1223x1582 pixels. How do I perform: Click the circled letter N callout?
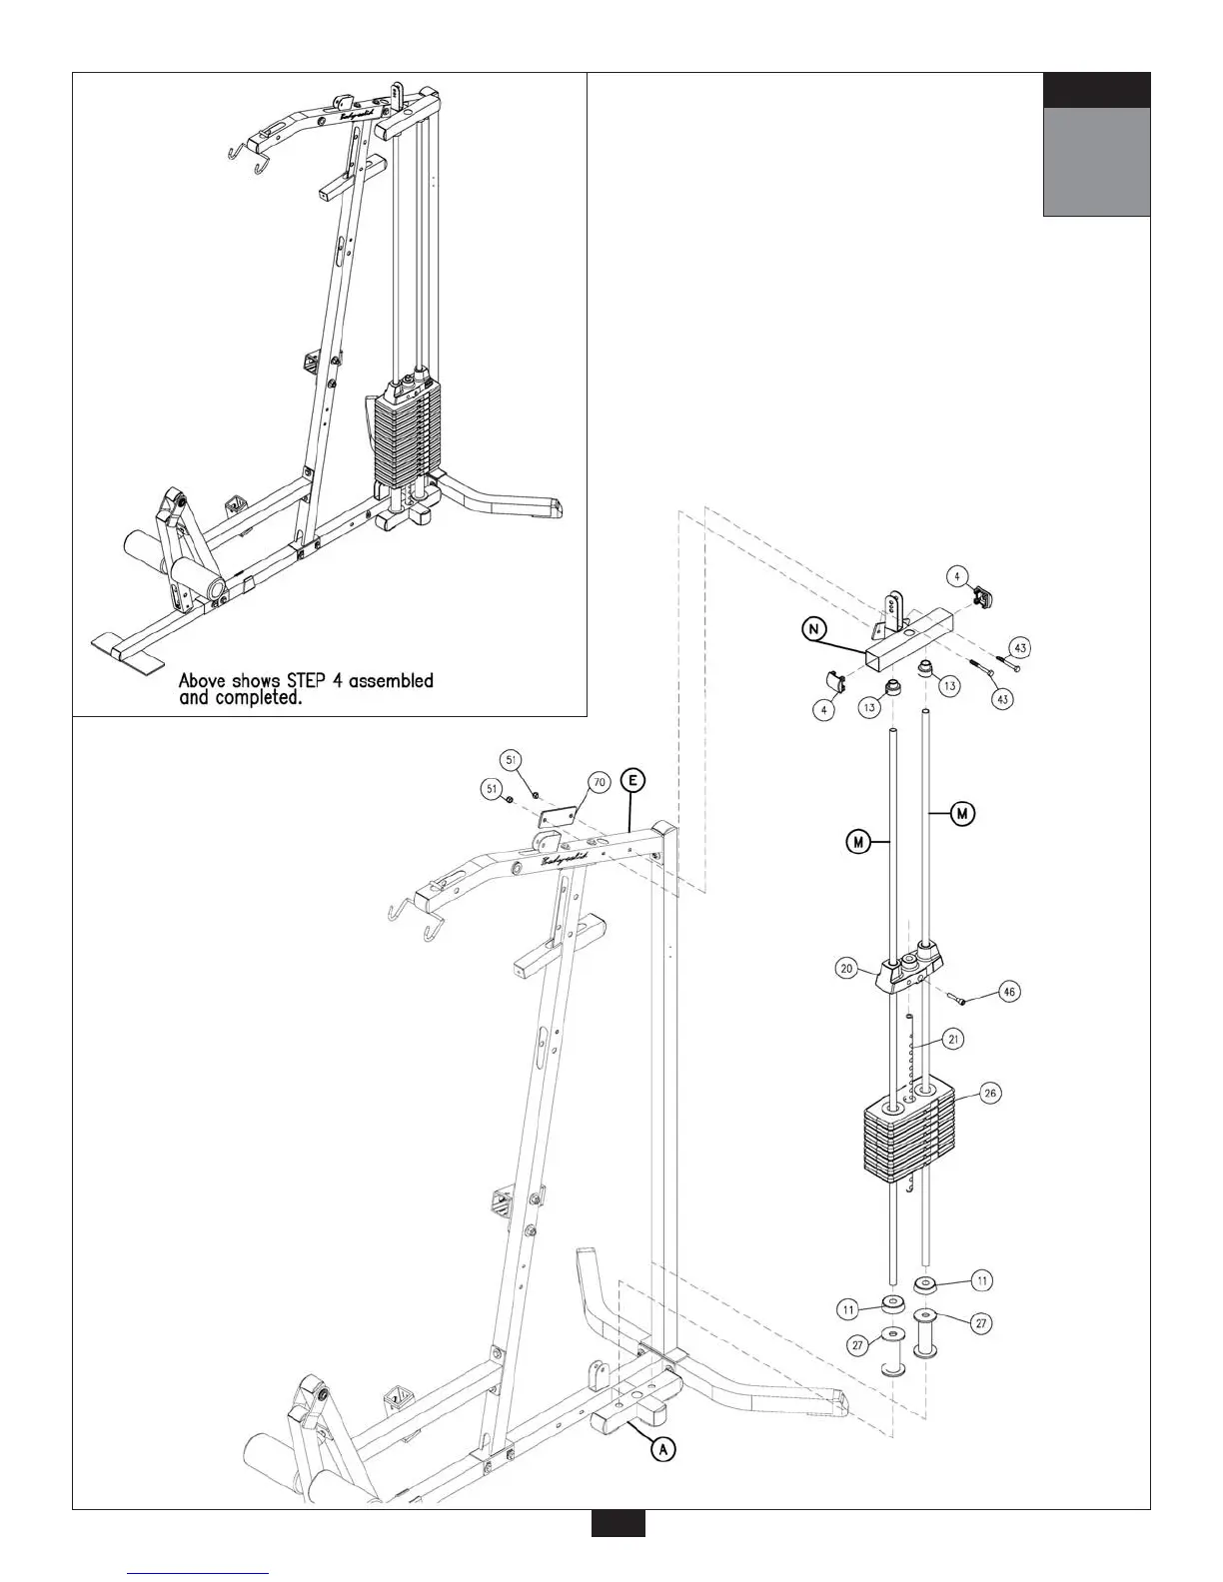coord(816,629)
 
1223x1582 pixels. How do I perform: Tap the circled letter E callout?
coord(631,780)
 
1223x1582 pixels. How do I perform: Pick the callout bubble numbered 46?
coord(1010,993)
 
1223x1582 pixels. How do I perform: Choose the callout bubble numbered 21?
coord(953,1041)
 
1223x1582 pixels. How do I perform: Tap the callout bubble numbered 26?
coord(989,1094)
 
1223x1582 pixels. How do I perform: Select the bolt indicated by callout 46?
coord(958,995)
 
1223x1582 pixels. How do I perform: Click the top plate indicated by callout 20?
coord(908,969)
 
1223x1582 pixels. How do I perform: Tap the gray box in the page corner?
coord(1096,161)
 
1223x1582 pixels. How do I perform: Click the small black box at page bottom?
coord(617,1551)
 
